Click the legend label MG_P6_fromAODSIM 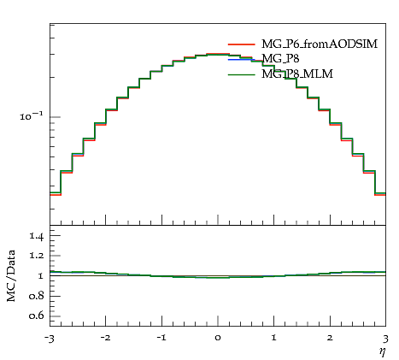coord(320,44)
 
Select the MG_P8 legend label coord(280,59)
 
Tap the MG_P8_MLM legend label coord(297,74)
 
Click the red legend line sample coord(241,44)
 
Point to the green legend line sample coord(241,74)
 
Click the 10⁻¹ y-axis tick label coord(31,116)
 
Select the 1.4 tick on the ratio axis coord(37,236)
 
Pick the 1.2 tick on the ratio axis coord(37,256)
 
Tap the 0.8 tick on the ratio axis coord(37,296)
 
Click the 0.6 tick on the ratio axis coord(37,316)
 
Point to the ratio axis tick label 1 coord(40,275)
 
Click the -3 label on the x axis coord(49,339)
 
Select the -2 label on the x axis coord(105,338)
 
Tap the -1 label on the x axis coord(161,338)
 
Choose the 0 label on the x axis coord(218,339)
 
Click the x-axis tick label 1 coord(273,338)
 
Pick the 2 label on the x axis coord(330,338)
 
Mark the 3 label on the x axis coord(385,339)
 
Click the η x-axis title coord(383,351)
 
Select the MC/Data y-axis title coord(11,276)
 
